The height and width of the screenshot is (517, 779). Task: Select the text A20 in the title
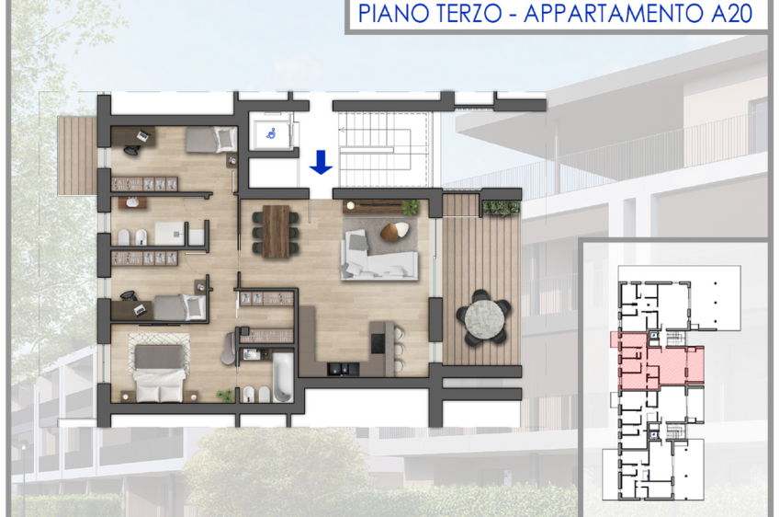click(x=731, y=14)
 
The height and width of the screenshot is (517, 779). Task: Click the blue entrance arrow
click(x=321, y=162)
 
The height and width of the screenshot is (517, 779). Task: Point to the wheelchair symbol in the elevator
click(x=271, y=133)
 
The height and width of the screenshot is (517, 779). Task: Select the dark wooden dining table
click(x=276, y=232)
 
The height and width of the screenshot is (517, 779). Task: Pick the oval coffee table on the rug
click(x=395, y=232)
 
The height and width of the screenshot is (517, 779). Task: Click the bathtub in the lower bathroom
click(x=283, y=377)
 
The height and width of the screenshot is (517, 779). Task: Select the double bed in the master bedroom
click(x=159, y=373)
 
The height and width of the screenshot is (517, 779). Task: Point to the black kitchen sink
click(x=343, y=369)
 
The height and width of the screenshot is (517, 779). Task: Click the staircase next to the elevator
click(x=383, y=149)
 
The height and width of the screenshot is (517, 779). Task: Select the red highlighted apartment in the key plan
click(x=657, y=361)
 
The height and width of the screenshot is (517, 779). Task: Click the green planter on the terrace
click(x=502, y=208)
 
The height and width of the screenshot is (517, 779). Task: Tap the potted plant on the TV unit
click(x=411, y=207)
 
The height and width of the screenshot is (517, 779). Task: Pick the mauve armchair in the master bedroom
click(x=229, y=348)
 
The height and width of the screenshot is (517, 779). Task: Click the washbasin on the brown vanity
click(x=132, y=202)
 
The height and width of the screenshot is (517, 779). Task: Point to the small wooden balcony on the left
click(x=77, y=155)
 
